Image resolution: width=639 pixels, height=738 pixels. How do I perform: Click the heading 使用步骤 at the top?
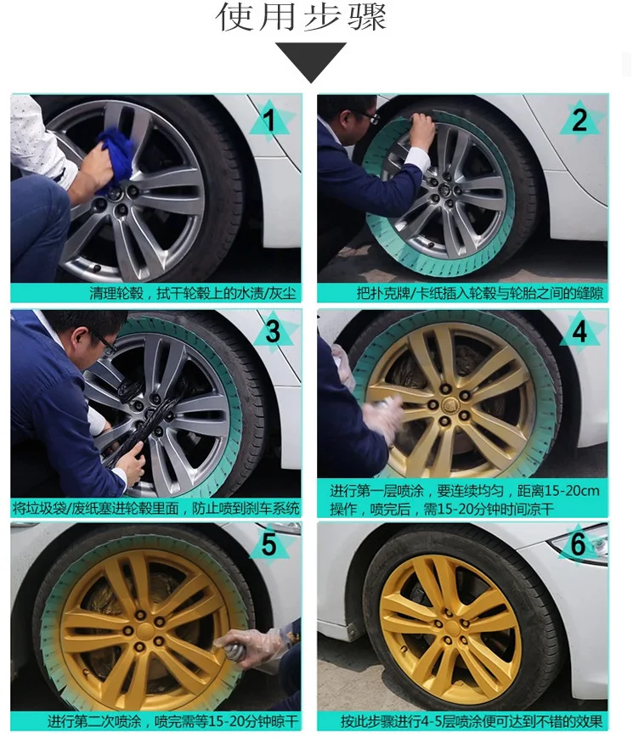pos(302,18)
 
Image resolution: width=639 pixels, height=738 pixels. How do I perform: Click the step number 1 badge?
pos(271,122)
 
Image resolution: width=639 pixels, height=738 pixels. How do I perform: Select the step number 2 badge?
pos(579,122)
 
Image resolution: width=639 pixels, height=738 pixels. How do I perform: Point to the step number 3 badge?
pos(271,332)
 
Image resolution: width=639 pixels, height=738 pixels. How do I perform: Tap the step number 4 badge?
pos(579,332)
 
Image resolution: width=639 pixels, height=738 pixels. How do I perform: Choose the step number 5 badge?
pos(269,544)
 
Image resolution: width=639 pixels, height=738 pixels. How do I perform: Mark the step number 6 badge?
pos(578,544)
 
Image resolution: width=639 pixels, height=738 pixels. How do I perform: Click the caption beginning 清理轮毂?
pos(195,294)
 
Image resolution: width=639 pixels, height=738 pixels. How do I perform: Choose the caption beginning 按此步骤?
pos(472,721)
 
